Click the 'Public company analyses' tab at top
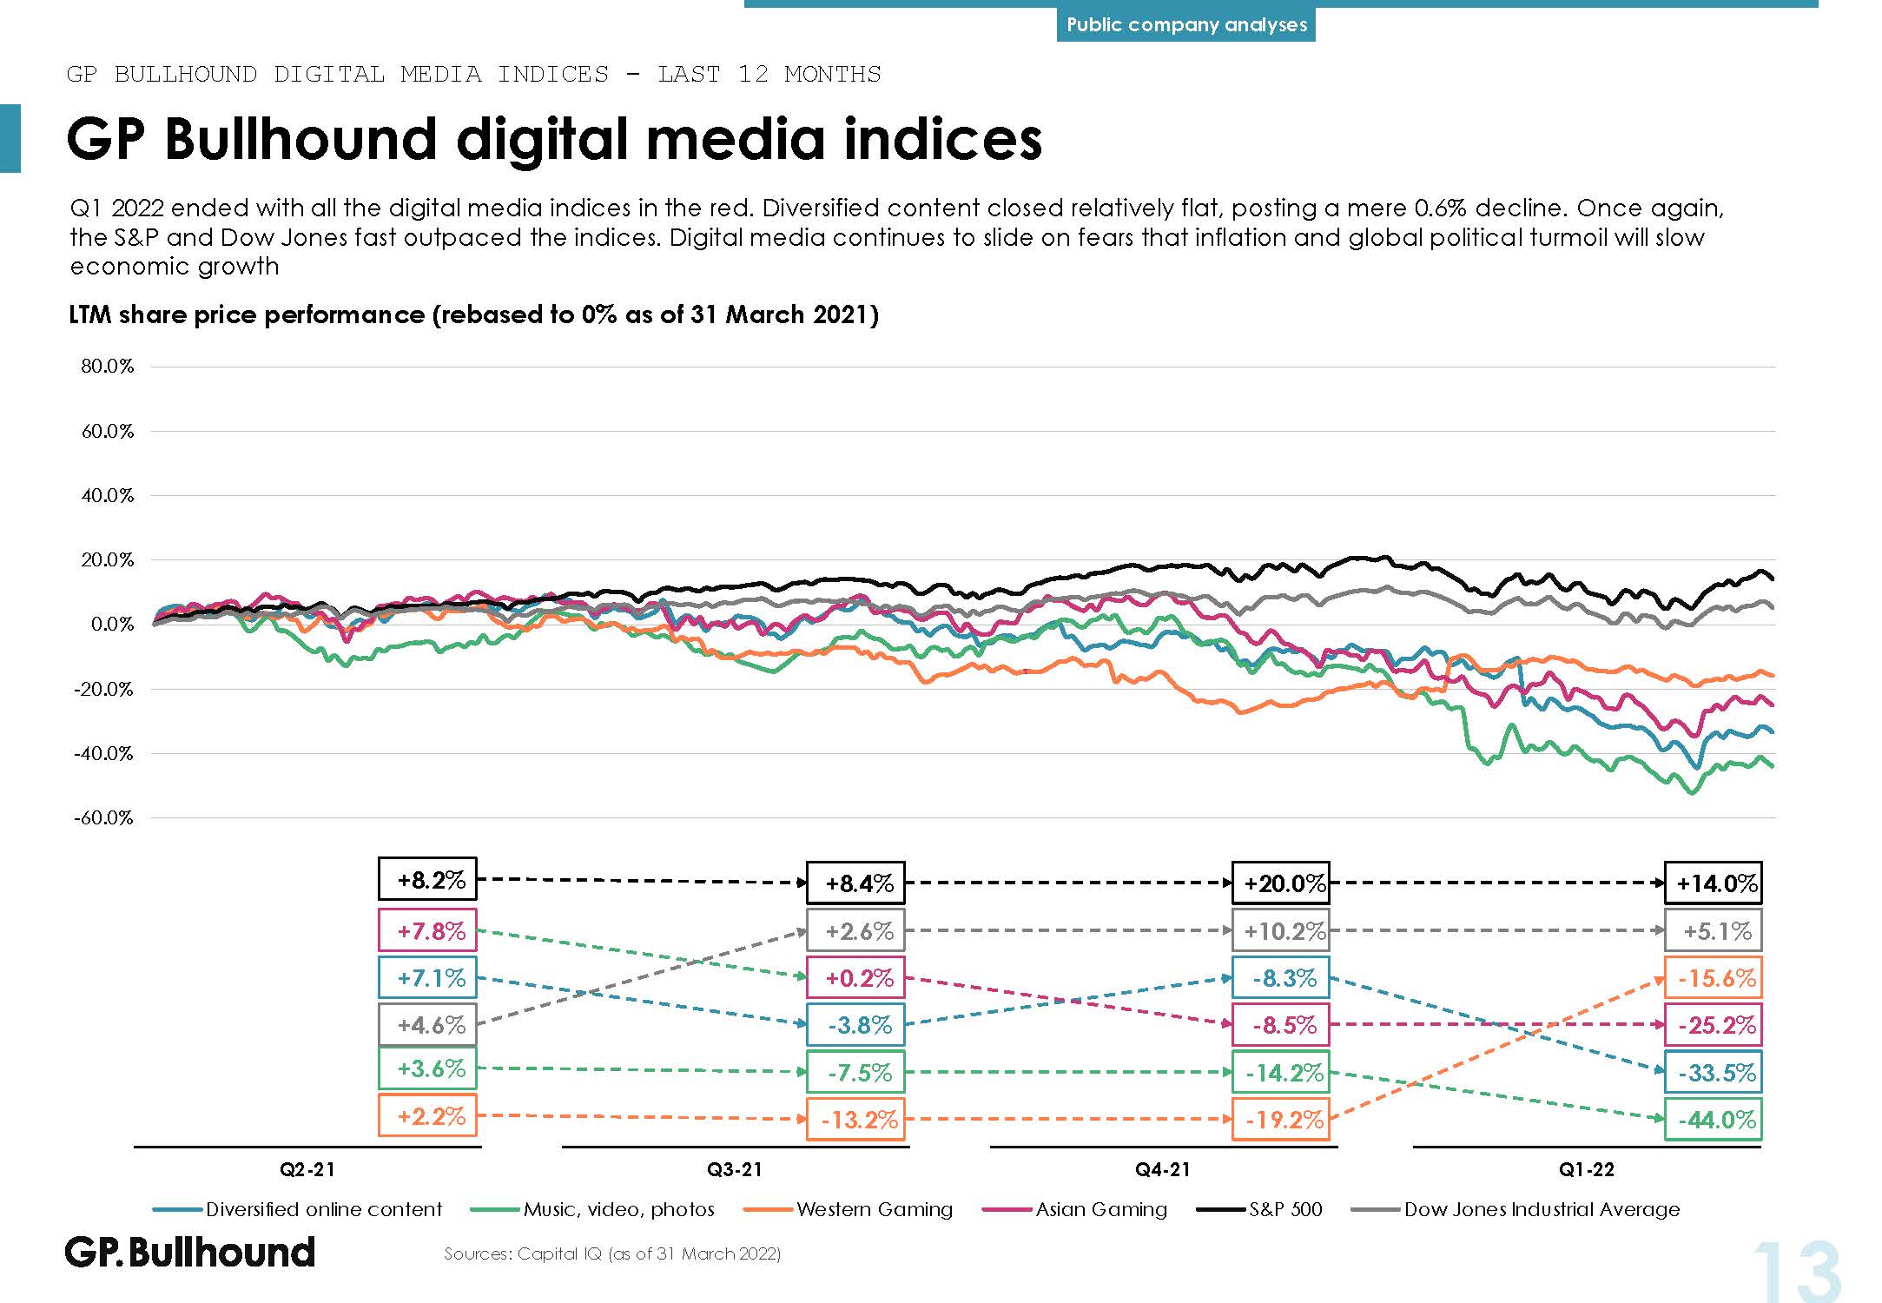tap(1185, 24)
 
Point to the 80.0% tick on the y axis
tap(108, 367)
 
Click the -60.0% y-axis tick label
tap(104, 818)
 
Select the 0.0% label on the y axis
tap(112, 625)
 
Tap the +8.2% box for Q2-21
tap(428, 879)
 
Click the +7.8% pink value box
tap(428, 930)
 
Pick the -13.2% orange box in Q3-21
tap(856, 1119)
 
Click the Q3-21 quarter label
tap(735, 1169)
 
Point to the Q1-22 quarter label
tap(1586, 1169)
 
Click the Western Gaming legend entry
tap(874, 1209)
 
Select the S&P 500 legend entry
tap(1284, 1209)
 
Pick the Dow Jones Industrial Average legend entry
tap(1541, 1209)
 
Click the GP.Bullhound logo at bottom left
tap(190, 1252)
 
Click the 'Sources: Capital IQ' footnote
tap(612, 1253)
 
